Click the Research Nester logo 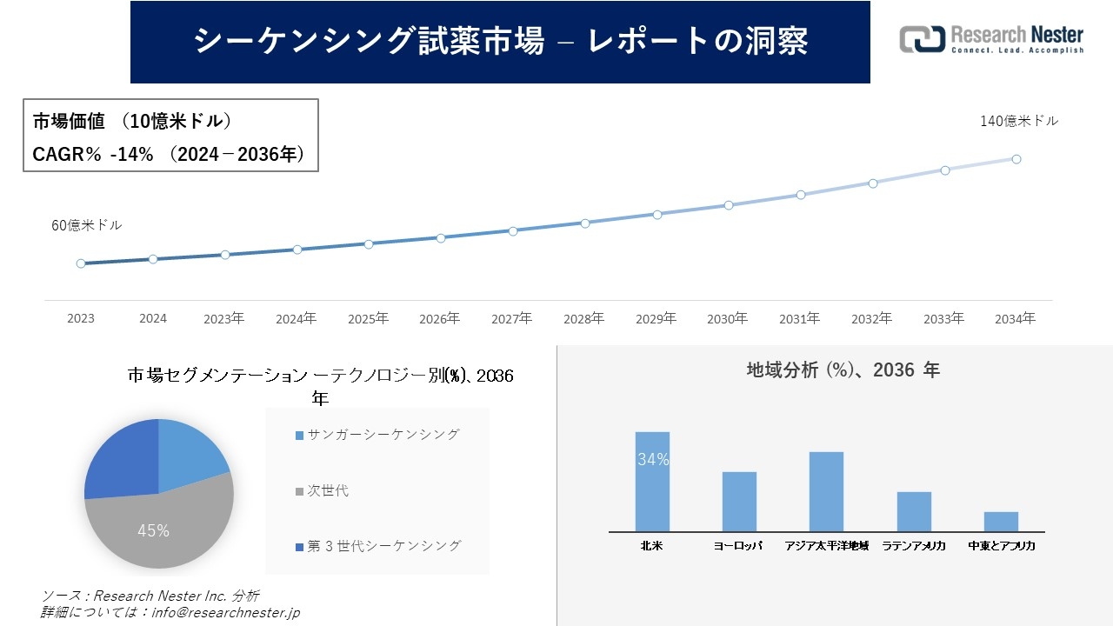(991, 40)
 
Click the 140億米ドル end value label (1019, 122)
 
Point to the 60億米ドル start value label (87, 225)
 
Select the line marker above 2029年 (657, 214)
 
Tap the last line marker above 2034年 (1016, 159)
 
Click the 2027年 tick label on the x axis (512, 319)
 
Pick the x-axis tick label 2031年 (799, 319)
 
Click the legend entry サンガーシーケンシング (383, 435)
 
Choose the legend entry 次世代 (327, 490)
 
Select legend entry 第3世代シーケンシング (383, 546)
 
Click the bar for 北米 (652, 483)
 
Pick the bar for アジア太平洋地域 (826, 492)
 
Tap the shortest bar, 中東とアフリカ (1001, 522)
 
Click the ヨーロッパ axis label (738, 546)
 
